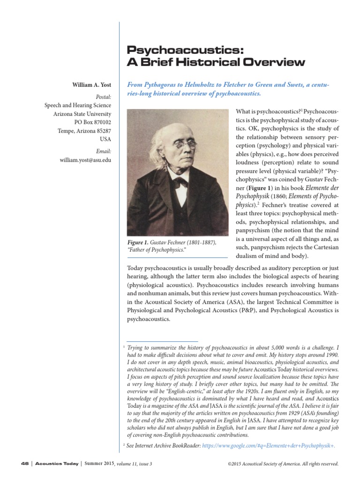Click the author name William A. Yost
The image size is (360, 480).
coord(91,85)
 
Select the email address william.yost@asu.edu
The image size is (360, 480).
coord(85,160)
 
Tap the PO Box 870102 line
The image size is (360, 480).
coord(91,122)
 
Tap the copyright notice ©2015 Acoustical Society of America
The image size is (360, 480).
coord(283,464)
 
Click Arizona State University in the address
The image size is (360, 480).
coord(82,114)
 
